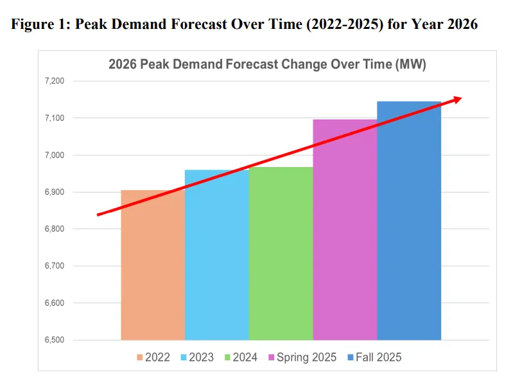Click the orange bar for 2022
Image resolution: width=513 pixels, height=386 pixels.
click(x=153, y=270)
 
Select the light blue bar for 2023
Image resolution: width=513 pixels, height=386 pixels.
click(x=216, y=257)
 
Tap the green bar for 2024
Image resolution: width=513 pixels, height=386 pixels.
click(x=281, y=257)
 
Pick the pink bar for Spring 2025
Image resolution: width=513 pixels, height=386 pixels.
click(x=345, y=231)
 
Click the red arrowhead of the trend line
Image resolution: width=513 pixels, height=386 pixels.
click(x=456, y=99)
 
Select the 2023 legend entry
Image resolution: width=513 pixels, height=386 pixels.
click(x=198, y=357)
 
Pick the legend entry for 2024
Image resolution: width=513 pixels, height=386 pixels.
click(x=242, y=357)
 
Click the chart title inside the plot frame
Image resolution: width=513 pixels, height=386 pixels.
click(x=267, y=65)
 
